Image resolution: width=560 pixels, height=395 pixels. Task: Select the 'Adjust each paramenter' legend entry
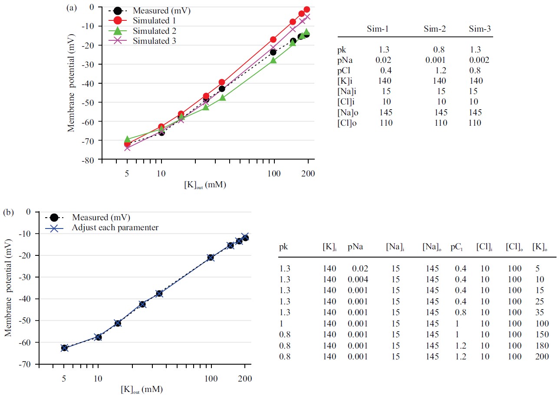[115, 227]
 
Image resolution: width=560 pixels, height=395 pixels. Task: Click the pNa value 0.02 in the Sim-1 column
[385, 60]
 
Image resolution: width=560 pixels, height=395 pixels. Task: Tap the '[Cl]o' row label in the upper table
[348, 123]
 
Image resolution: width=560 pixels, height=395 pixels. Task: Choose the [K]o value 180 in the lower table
[542, 346]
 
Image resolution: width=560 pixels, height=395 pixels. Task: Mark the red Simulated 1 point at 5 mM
[127, 144]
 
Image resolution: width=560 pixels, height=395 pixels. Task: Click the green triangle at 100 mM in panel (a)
[273, 60]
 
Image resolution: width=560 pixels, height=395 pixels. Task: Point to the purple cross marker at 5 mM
[127, 148]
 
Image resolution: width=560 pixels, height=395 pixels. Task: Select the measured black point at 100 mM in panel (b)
[211, 258]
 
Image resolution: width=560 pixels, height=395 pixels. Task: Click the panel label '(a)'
[72, 8]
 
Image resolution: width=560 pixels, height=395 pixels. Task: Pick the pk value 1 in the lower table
[281, 323]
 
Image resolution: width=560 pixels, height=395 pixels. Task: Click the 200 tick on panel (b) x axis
[245, 378]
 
